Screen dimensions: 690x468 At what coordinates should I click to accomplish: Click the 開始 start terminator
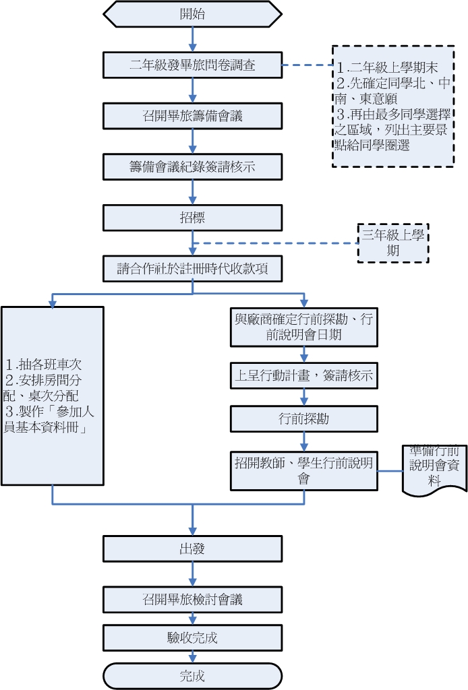(x=192, y=14)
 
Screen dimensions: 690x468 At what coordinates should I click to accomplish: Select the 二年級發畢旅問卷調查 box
(x=192, y=65)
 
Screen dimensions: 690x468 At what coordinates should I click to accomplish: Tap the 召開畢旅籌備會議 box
(x=192, y=116)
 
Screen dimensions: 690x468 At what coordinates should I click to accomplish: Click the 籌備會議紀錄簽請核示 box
(x=192, y=167)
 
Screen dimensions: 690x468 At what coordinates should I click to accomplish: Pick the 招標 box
(x=192, y=218)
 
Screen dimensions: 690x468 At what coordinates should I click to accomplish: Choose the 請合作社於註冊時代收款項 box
(x=192, y=268)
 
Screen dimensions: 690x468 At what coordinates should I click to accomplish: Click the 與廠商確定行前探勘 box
(x=303, y=327)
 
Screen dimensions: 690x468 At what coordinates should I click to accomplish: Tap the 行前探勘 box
(x=303, y=418)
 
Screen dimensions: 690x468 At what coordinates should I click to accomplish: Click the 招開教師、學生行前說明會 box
(x=303, y=470)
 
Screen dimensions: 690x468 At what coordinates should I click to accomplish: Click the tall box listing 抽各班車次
(x=53, y=396)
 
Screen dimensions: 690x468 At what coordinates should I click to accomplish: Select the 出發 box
(x=192, y=548)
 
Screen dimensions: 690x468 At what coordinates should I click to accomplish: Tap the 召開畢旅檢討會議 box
(x=192, y=599)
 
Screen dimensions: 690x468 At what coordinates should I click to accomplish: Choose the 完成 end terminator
(x=192, y=676)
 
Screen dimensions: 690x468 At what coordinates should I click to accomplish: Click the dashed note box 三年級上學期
(x=393, y=243)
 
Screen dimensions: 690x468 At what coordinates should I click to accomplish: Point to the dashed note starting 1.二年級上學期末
(x=393, y=106)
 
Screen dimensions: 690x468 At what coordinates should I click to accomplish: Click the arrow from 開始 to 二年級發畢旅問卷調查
(x=193, y=40)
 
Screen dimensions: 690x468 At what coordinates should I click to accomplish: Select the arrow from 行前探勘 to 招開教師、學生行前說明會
(x=304, y=441)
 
